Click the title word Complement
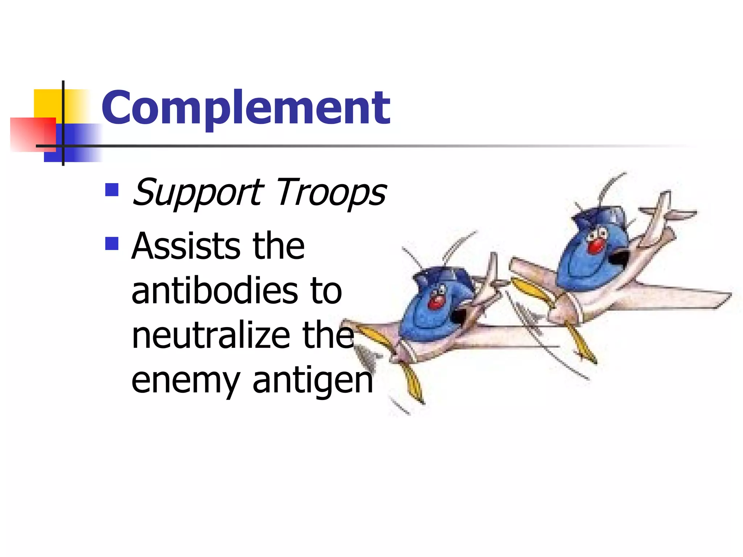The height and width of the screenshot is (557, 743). click(x=246, y=108)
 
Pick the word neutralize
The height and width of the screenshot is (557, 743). click(x=210, y=335)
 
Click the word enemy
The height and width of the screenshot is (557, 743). click(x=185, y=381)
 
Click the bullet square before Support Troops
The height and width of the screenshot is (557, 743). click(x=112, y=190)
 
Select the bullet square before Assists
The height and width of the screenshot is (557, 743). click(x=112, y=244)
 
